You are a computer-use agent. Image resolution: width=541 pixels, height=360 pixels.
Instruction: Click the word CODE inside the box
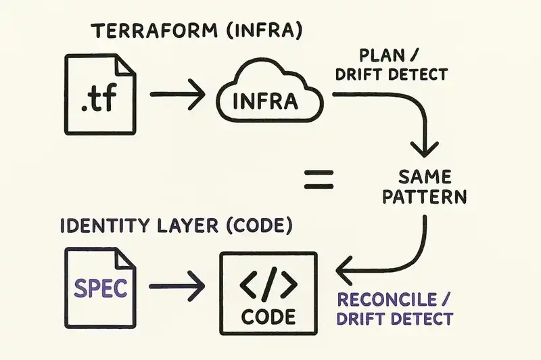point(268,316)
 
